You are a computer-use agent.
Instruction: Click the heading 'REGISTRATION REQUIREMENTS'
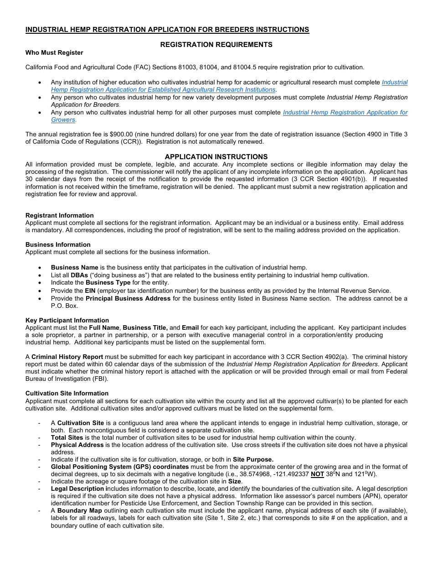coord(216,45)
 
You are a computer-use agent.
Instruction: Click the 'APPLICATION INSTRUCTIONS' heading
coord(216,156)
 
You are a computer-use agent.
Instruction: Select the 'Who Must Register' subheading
coord(54,52)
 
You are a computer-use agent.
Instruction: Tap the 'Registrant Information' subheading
coord(59,215)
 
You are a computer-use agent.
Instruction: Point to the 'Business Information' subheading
coord(58,244)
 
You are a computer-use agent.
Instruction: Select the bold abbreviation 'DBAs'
coord(79,275)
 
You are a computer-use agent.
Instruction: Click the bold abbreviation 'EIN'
coord(90,291)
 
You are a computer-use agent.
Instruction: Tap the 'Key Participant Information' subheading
coord(67,320)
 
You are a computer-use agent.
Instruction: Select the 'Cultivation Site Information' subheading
coord(67,393)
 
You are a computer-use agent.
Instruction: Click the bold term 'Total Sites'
coord(67,437)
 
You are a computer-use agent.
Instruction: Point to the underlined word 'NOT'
coord(317,474)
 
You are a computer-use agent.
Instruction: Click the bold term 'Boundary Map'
coord(77,510)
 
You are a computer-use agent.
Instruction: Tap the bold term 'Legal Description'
coord(78,488)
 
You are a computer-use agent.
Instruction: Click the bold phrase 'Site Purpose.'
coord(253,459)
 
